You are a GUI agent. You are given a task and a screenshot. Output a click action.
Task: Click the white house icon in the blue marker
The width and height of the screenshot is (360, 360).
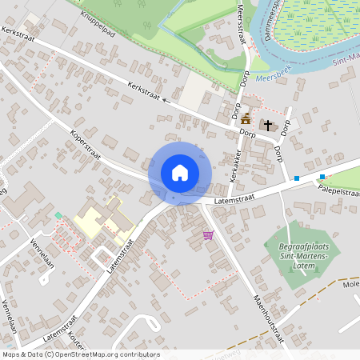[x=180, y=172]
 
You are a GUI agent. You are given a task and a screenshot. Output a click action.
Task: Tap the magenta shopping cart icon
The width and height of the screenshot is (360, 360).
[x=209, y=235]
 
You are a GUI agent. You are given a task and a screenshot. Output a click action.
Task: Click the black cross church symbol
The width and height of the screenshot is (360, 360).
[x=267, y=126]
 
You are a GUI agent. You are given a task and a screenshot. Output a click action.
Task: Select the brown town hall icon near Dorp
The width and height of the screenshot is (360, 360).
[x=246, y=119]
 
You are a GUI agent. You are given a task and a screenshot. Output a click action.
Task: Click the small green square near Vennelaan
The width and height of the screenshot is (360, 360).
[x=58, y=215]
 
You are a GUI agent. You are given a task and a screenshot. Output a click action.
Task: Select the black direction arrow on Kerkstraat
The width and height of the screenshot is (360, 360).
[x=166, y=101]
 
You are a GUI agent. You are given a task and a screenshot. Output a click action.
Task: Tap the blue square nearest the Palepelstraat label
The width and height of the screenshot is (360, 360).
[x=322, y=176]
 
